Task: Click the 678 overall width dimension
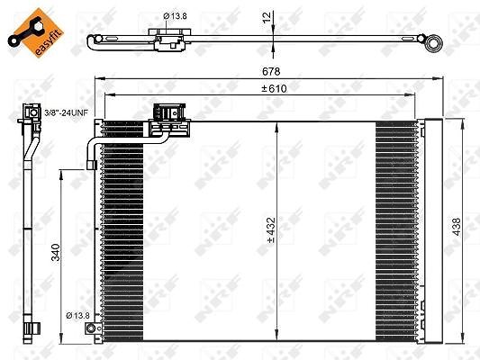point(271,71)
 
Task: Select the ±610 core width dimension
point(275,88)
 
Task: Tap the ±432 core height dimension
point(271,230)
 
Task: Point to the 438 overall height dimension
point(456,227)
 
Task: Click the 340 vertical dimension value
point(56,252)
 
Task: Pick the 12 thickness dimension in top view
point(267,17)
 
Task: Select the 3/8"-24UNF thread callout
point(66,112)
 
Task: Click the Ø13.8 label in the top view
point(175,16)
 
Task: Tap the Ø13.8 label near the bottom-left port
point(77,315)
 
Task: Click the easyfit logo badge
point(35,32)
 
